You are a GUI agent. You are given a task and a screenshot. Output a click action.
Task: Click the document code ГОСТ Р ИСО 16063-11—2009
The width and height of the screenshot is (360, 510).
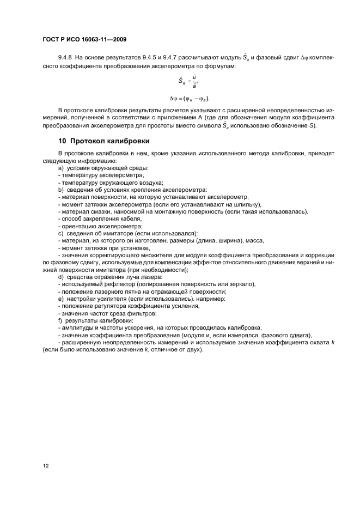click(88, 39)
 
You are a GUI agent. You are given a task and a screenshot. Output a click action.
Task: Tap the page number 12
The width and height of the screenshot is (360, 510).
click(46, 465)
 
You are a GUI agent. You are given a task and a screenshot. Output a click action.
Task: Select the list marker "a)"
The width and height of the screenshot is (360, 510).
click(60, 168)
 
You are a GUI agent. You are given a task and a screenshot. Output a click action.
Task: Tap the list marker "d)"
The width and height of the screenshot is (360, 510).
click(60, 278)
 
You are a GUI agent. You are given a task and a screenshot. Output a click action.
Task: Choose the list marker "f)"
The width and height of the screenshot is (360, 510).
click(60, 321)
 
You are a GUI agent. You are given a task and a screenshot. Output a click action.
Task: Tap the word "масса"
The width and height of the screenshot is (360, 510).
click(255, 241)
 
